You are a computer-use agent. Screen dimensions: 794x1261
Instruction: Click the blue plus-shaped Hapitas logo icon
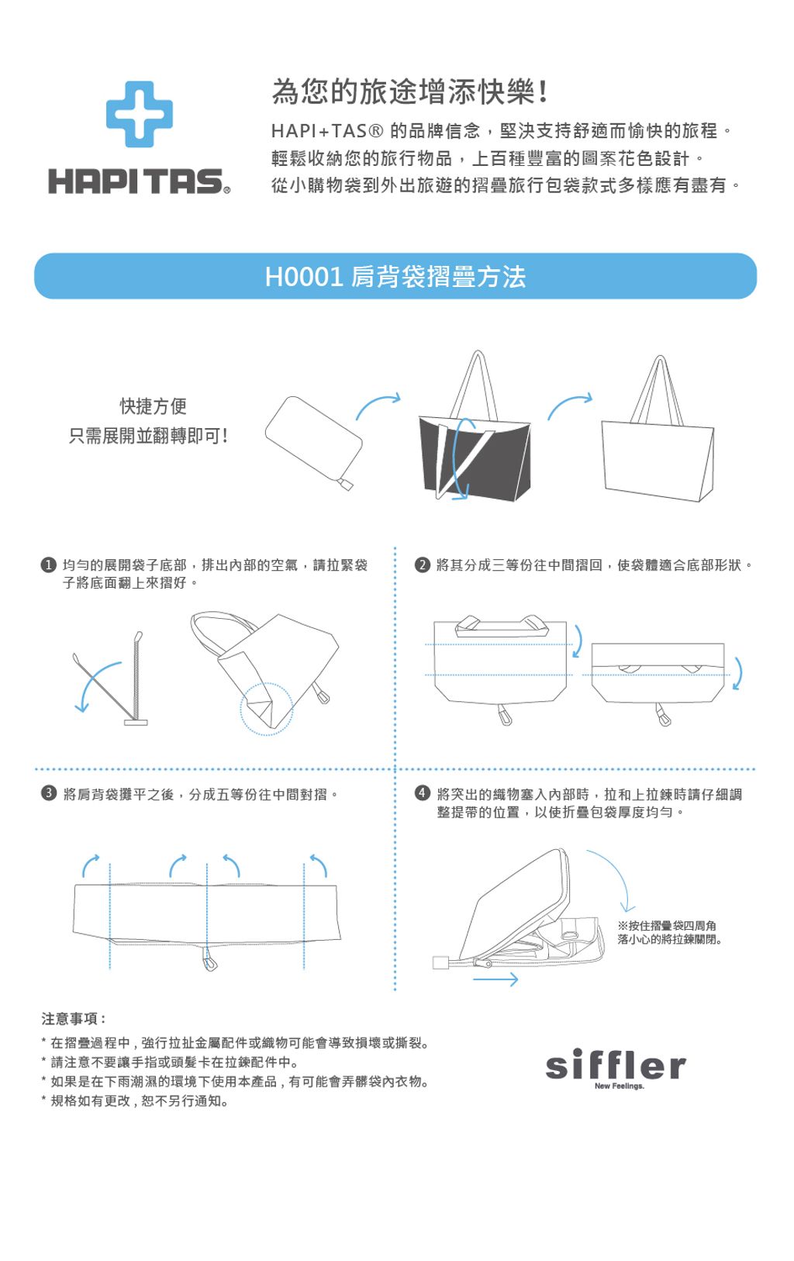coord(140,114)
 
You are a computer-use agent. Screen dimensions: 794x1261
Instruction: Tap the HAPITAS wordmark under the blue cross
coord(139,181)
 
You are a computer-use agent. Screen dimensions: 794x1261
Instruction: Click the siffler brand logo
coord(616,1065)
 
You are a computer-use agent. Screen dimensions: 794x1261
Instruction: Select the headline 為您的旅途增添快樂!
coord(409,92)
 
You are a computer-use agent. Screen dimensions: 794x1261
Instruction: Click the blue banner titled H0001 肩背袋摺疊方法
coord(395,276)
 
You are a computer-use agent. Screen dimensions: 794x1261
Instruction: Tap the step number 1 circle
coord(49,565)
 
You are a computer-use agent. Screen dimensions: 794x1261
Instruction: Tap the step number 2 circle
coord(422,565)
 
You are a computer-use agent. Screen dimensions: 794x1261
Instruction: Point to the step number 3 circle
coord(49,794)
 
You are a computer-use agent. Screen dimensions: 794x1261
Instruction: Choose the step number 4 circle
coord(422,794)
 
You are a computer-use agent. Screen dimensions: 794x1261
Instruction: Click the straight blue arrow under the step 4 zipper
coord(495,979)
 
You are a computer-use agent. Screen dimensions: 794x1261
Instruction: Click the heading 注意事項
coord(73,1018)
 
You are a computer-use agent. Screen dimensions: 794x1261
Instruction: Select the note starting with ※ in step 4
coord(669,932)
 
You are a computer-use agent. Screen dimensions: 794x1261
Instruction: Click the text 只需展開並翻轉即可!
coord(148,435)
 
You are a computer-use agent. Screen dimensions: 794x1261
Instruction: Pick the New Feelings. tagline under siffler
coord(620,1086)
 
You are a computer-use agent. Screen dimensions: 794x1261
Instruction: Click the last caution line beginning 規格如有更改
coord(135,1101)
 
